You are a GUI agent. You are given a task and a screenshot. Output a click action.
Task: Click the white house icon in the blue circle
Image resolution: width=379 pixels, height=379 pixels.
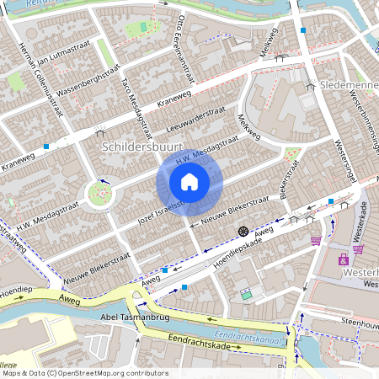189,182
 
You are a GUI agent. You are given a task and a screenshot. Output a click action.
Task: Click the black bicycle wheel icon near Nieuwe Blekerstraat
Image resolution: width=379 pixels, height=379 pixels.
243,230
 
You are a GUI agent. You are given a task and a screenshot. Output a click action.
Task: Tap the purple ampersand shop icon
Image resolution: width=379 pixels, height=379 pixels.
343,260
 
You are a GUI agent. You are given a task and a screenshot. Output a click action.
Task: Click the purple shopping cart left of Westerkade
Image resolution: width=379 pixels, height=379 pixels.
316,240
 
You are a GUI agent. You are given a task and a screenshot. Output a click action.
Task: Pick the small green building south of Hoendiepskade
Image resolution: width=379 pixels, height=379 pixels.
246,295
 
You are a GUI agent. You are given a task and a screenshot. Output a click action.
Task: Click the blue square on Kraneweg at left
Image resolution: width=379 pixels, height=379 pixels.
45,147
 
